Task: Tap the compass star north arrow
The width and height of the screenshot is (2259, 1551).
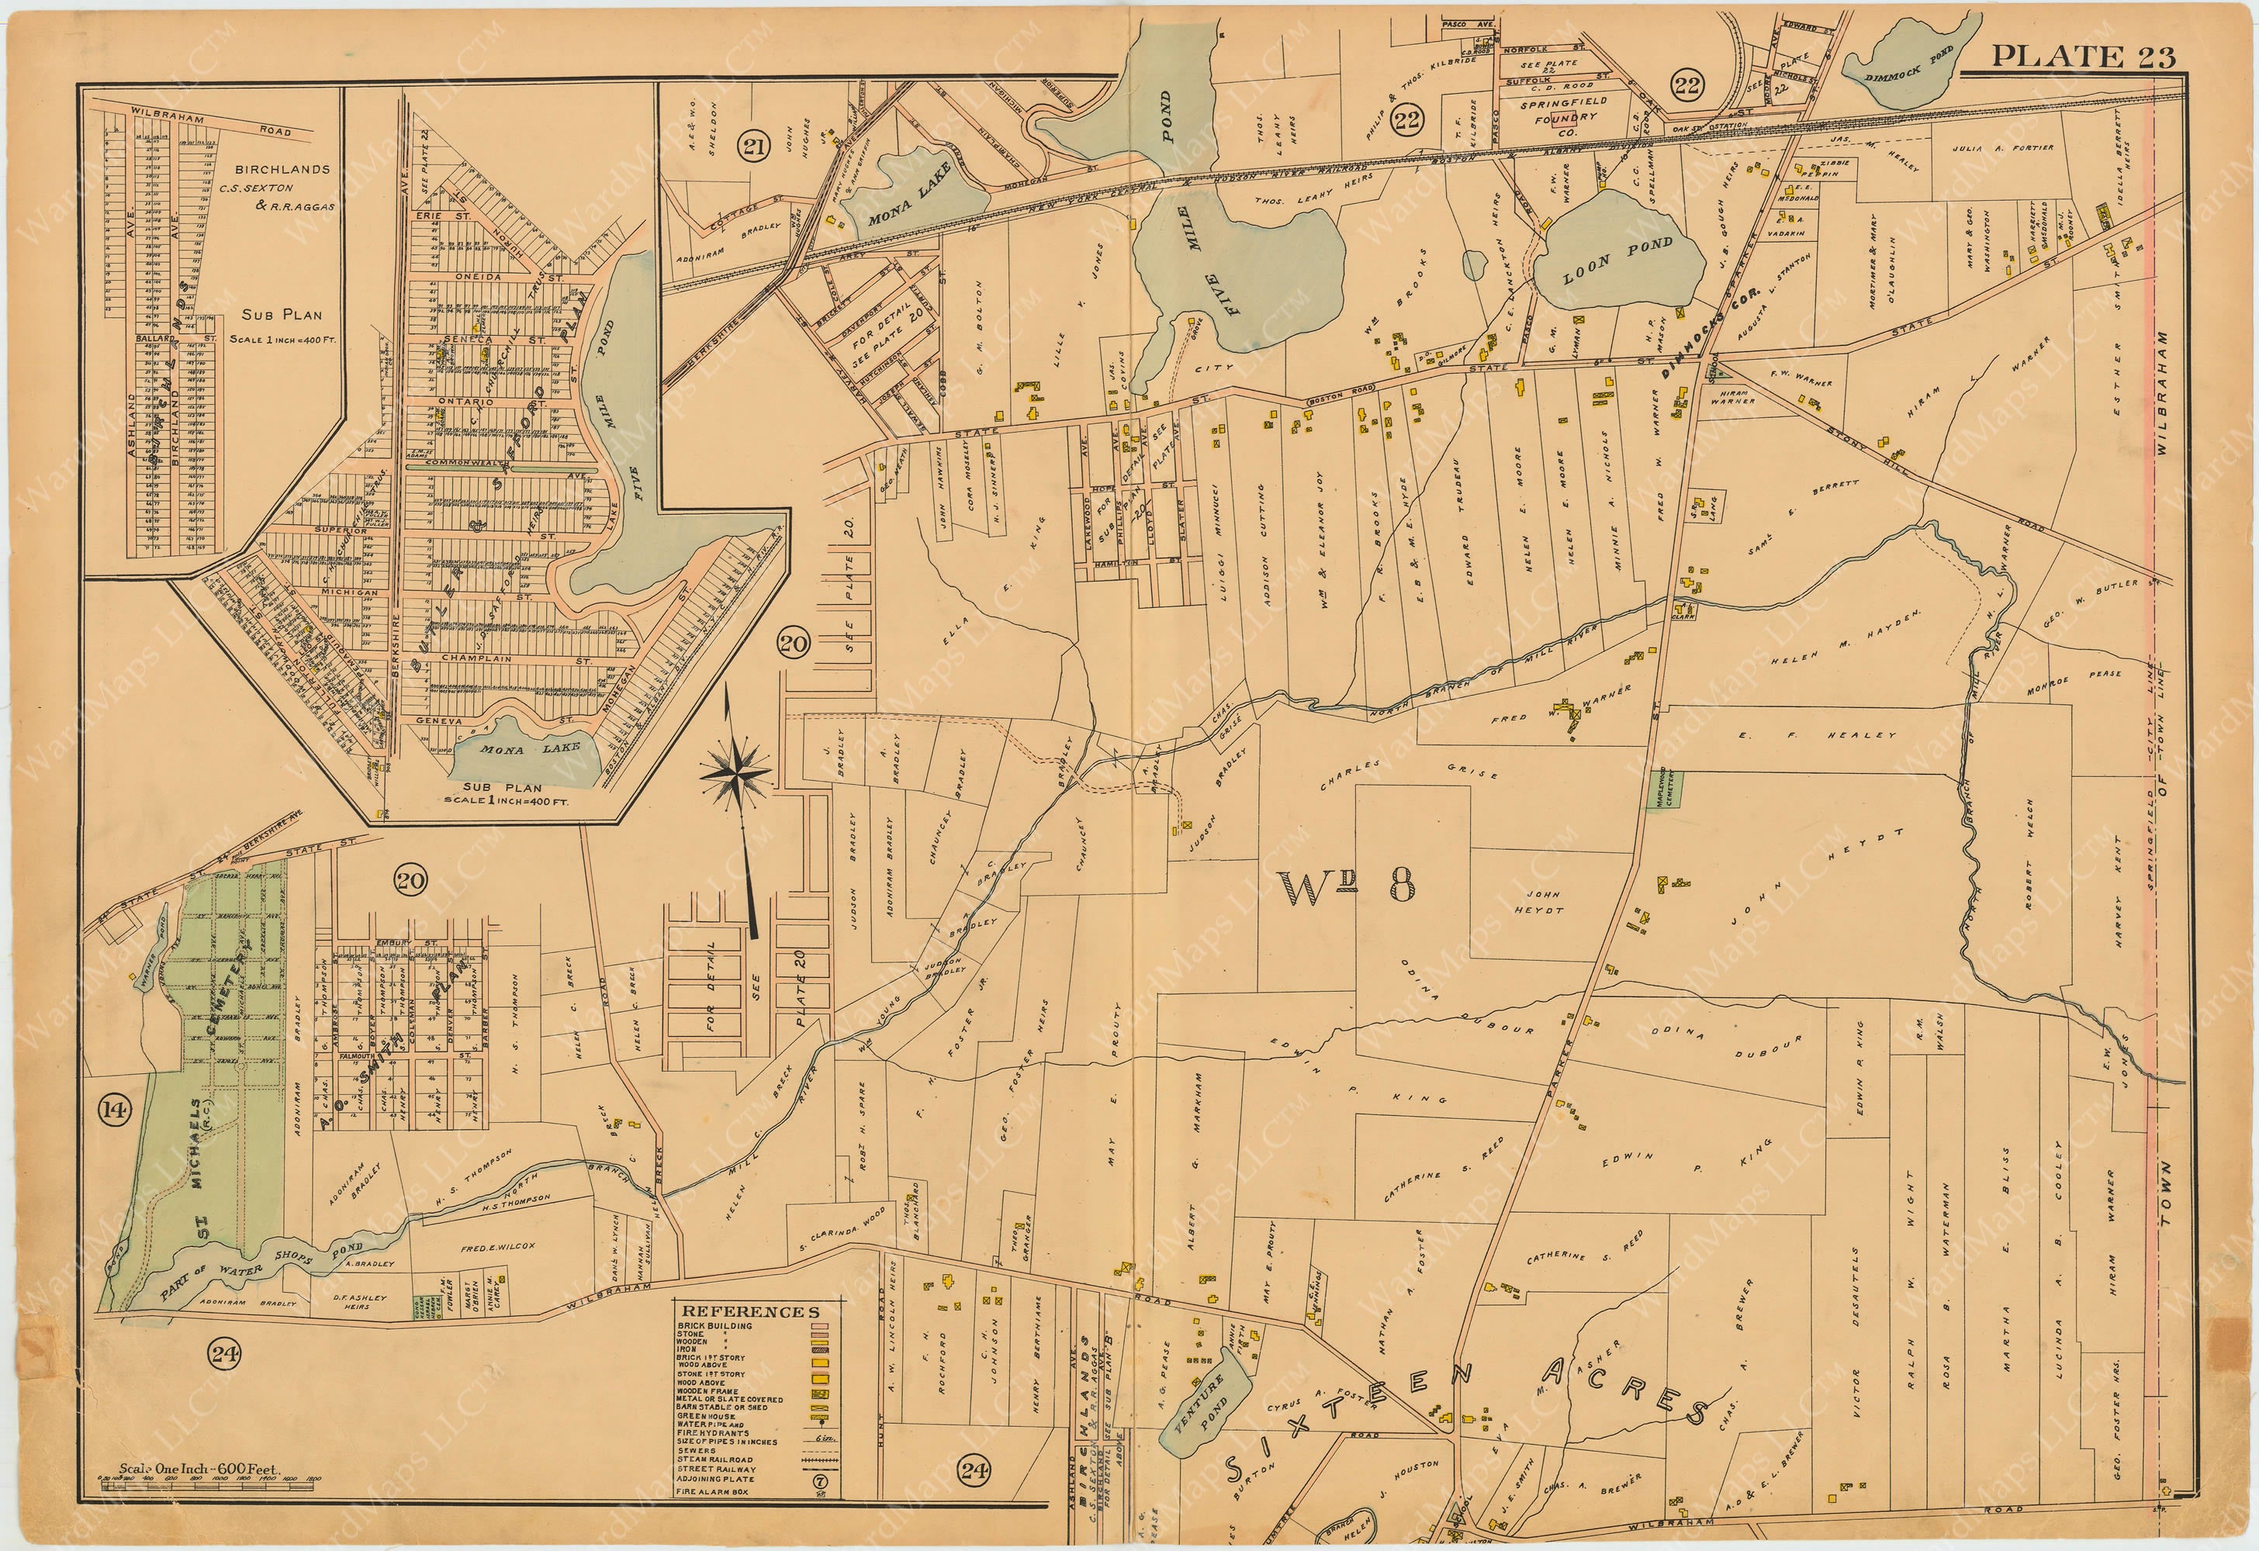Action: click(736, 773)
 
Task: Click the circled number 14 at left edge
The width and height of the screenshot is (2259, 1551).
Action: click(115, 1110)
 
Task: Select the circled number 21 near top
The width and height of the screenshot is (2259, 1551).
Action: click(752, 147)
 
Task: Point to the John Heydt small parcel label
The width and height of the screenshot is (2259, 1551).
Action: click(1543, 902)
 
